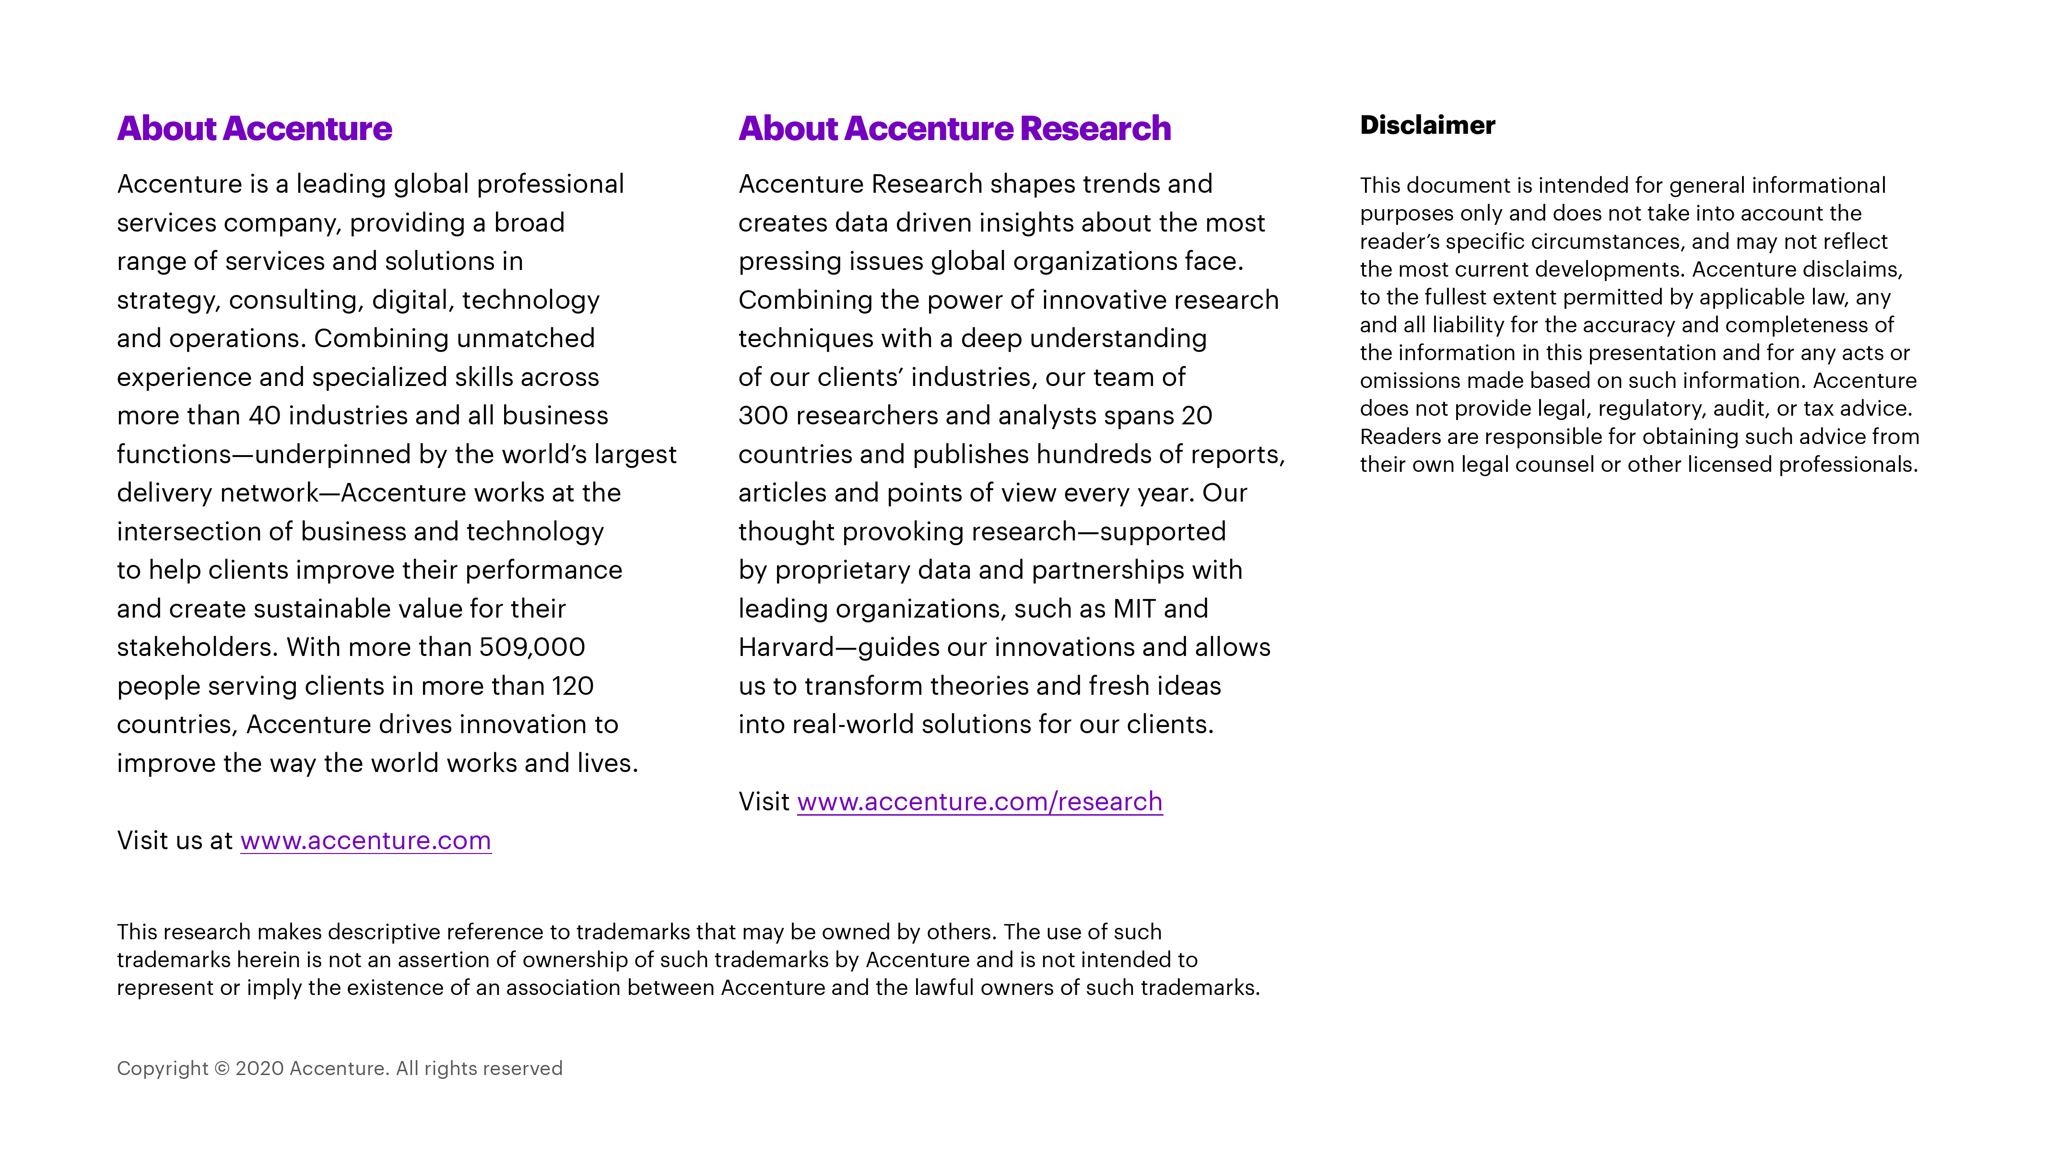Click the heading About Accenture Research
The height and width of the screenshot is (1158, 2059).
click(954, 129)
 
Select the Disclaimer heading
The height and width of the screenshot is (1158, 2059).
click(1427, 126)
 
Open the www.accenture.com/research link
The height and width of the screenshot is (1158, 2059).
click(979, 802)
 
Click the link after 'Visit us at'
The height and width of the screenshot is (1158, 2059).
click(365, 841)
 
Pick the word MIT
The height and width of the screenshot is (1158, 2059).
click(1134, 609)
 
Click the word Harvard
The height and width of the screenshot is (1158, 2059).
click(786, 647)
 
